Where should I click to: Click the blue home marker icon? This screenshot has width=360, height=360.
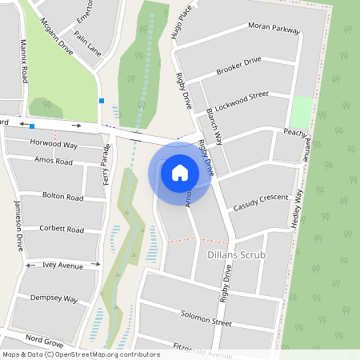coord(180,172)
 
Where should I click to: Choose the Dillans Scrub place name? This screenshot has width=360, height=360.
coord(235,254)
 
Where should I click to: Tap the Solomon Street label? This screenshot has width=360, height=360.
coord(206,318)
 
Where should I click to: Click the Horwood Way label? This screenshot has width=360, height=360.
coord(54,144)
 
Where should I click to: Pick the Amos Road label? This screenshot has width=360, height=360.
coord(54,162)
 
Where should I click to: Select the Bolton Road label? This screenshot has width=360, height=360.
coord(62,196)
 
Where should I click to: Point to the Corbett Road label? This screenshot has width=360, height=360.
coord(62,230)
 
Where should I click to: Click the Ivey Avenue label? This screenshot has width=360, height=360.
coord(63,265)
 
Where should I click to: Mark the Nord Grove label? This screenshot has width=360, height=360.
coord(43,338)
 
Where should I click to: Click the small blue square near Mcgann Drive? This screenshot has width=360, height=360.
coord(102,100)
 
